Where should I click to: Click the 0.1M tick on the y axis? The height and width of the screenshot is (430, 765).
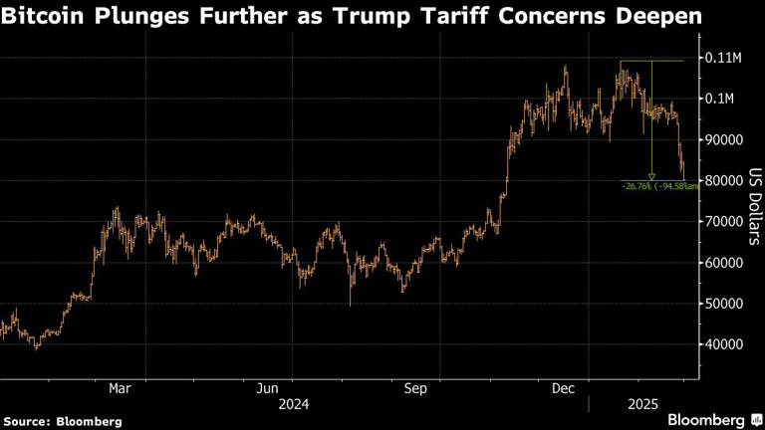point(719,100)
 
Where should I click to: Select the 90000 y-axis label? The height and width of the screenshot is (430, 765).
point(723,140)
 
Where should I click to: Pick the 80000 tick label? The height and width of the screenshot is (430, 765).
point(723,181)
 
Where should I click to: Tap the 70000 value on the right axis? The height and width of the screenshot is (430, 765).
point(723,222)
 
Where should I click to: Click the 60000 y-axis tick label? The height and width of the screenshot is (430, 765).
point(723,263)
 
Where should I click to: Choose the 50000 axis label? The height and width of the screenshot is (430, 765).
point(723,304)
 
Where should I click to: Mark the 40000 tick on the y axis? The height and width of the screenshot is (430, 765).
point(723,344)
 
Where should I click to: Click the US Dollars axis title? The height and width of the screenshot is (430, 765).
point(754,204)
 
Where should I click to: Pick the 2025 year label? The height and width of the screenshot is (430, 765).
point(638,404)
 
